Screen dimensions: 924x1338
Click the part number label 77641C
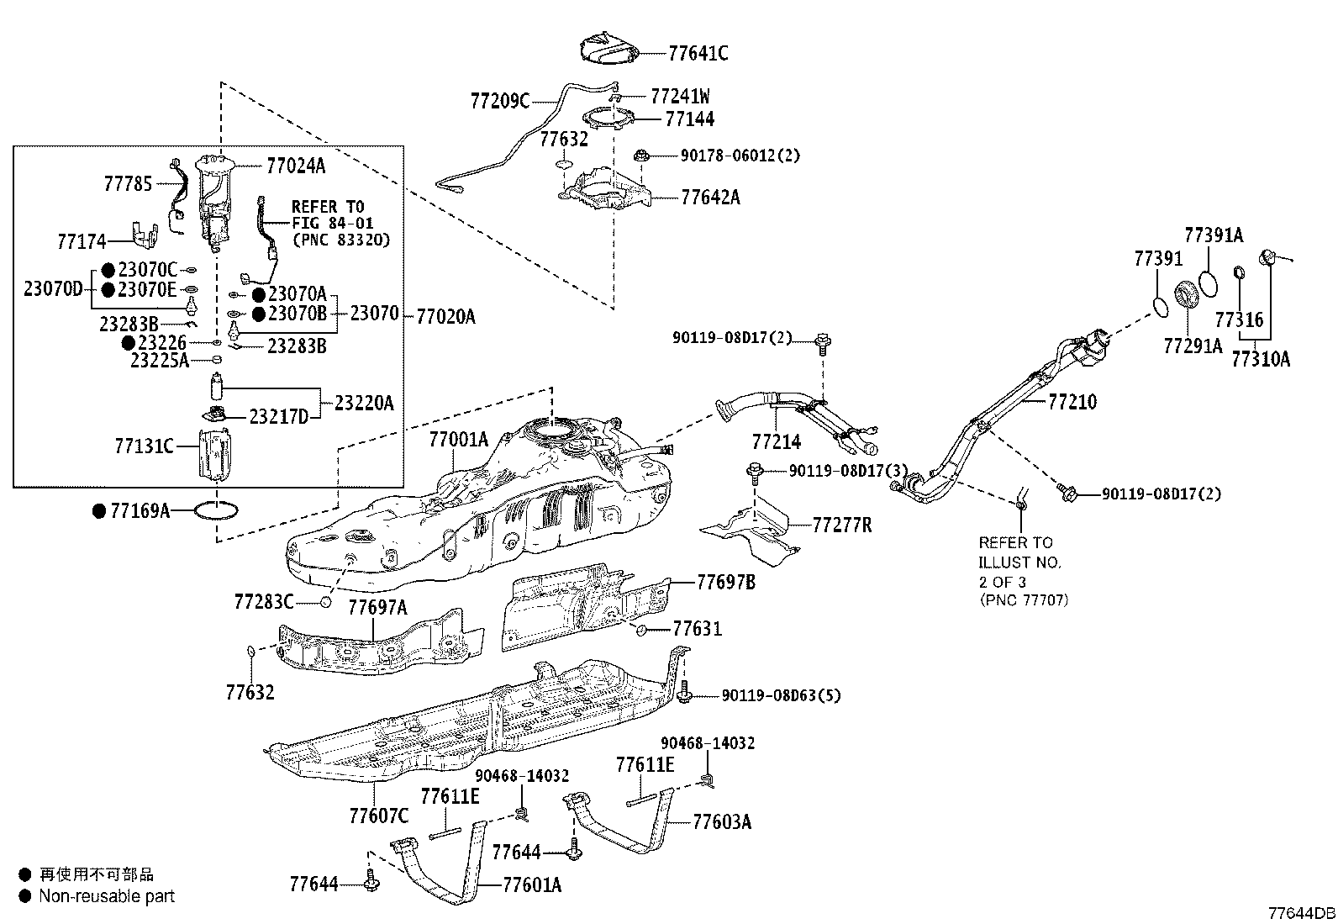(x=698, y=53)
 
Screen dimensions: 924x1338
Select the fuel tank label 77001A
(x=458, y=439)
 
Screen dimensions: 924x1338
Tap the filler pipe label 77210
(x=1072, y=402)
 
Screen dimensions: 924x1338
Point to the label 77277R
(x=841, y=525)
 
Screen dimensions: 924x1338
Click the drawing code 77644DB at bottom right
(x=1301, y=912)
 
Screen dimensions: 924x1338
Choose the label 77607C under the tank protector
(x=378, y=815)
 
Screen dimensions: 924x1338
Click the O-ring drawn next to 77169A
(x=217, y=510)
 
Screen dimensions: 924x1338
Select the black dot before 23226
(x=129, y=343)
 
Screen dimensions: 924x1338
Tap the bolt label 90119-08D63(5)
(x=781, y=695)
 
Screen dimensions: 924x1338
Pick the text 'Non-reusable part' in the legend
(x=107, y=896)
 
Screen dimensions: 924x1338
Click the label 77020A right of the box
(x=445, y=317)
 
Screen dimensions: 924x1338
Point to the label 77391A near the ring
(x=1214, y=235)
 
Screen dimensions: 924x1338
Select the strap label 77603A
(x=722, y=821)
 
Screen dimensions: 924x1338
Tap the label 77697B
(x=725, y=581)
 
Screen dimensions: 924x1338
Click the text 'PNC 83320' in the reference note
(x=341, y=240)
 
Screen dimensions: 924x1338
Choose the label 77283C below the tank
(x=264, y=601)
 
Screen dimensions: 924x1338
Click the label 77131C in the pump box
(x=144, y=446)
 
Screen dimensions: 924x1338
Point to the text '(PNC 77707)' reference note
(x=1024, y=600)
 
